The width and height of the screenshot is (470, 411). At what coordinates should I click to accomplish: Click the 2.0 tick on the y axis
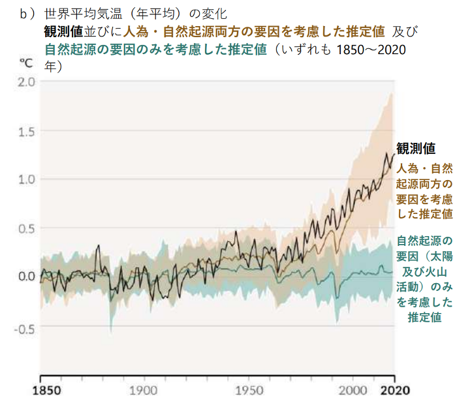coord(27,82)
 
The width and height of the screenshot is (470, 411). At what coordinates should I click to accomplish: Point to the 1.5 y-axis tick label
coord(27,131)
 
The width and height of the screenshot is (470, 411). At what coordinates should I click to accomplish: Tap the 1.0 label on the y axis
coord(27,179)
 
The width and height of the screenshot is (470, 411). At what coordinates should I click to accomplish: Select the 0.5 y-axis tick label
coord(27,228)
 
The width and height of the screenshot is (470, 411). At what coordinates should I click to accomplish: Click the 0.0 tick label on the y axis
coord(27,276)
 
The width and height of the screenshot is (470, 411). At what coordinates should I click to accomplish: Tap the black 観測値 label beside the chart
coord(416,148)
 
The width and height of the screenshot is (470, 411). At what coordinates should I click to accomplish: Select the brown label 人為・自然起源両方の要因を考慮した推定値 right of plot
coord(425,190)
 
